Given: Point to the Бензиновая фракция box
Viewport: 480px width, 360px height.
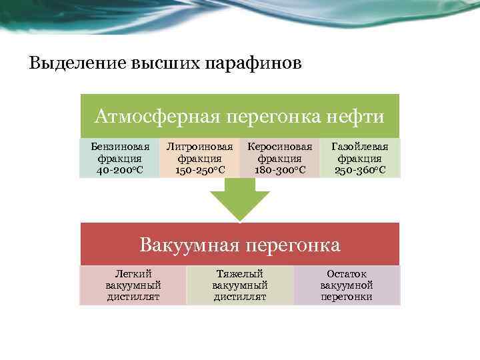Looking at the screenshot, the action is pos(119,158).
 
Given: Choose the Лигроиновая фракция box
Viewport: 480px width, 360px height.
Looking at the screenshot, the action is pos(199,158).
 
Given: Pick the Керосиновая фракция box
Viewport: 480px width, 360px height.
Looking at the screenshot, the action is pos(279,158).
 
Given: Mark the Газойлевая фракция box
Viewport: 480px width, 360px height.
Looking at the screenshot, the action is pos(360,158).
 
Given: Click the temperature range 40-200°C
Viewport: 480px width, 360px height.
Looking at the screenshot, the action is pos(119,170).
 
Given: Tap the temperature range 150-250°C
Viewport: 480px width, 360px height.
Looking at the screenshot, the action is pos(199,170).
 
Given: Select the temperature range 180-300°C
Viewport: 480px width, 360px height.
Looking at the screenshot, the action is pos(279,170).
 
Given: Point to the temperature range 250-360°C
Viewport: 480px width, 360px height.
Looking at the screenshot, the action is pos(360,170).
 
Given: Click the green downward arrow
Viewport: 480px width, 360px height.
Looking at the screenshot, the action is pos(240,200).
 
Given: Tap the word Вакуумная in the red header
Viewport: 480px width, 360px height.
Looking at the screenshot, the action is pos(189,245).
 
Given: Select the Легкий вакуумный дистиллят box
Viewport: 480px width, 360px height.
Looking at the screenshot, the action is pos(133,285).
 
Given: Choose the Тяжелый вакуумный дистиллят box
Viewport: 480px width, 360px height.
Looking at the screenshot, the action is pos(240,285).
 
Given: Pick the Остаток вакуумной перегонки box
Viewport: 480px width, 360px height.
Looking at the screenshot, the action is pos(347,285).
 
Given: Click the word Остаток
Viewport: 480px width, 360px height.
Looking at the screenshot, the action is pos(347,274).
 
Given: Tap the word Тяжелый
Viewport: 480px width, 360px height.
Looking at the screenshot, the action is pos(240,274).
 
